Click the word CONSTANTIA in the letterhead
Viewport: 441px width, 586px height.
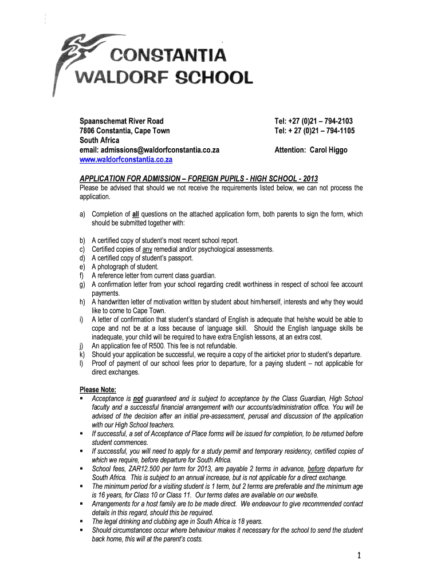point(168,56)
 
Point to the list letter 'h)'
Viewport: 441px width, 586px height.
point(83,302)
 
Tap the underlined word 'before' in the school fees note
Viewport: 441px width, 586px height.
point(316,469)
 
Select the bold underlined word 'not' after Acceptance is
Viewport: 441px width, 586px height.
point(137,398)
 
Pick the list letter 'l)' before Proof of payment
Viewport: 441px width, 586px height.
point(82,363)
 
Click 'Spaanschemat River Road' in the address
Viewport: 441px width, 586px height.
point(121,121)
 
